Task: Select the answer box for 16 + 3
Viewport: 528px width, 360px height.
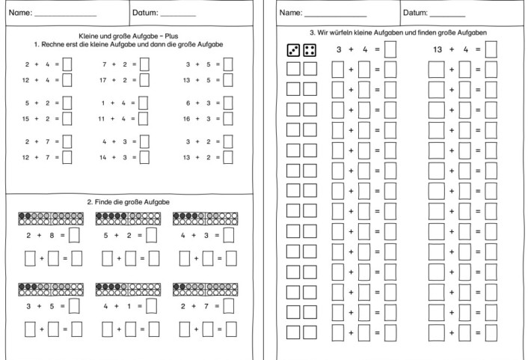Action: [x=227, y=118]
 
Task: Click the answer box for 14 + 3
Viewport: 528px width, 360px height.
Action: [x=144, y=157]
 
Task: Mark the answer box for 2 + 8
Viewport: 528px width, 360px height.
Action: [x=75, y=236]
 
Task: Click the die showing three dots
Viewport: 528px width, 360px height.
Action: [x=293, y=50]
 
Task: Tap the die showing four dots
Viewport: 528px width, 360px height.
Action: [x=310, y=50]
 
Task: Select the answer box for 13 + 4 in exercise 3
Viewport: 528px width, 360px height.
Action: [x=491, y=50]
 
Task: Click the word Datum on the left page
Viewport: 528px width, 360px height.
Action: [x=144, y=13]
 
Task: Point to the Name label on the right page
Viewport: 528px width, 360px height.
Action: [x=290, y=13]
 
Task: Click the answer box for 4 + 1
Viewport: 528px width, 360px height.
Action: [x=152, y=305]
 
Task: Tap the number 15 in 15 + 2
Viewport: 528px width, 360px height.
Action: [x=26, y=118]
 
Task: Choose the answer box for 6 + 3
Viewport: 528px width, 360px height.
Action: [x=227, y=104]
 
